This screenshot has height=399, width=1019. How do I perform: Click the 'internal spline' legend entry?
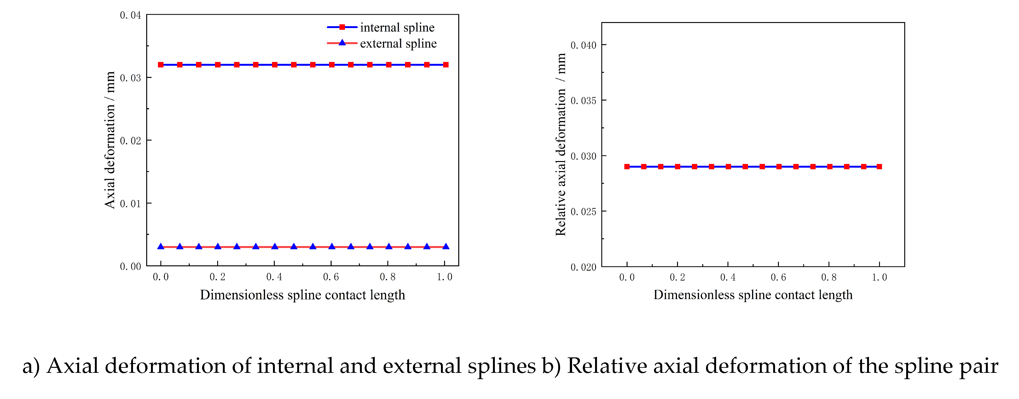(x=397, y=27)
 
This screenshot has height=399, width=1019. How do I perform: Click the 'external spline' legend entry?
(x=398, y=43)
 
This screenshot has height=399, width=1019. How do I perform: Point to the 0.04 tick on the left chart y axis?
(x=130, y=15)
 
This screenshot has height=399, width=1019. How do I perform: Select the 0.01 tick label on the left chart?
(x=130, y=204)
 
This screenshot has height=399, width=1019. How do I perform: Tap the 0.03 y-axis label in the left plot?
(x=130, y=78)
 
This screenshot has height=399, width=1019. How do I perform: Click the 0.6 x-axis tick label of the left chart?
(x=331, y=277)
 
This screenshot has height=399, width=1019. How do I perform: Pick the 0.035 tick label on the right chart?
(x=583, y=101)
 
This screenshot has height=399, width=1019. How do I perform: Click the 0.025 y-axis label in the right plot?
(x=583, y=211)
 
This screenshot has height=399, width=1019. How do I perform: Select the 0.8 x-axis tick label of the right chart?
(x=829, y=277)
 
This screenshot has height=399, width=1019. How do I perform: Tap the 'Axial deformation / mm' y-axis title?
(x=110, y=140)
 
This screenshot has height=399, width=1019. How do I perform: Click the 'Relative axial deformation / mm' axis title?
(x=560, y=145)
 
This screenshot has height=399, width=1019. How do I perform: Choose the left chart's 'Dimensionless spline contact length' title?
(x=302, y=295)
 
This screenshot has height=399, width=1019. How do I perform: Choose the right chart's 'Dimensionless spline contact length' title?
(x=753, y=295)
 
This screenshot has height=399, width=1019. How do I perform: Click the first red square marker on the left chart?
(x=161, y=65)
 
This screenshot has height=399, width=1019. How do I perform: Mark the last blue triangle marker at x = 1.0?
(x=446, y=246)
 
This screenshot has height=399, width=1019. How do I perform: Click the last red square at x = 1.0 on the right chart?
(x=879, y=166)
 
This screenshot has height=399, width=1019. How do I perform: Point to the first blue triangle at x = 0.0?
(x=161, y=246)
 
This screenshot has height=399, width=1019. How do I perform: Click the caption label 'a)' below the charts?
(x=31, y=366)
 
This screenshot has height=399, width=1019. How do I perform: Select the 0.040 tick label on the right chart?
(x=583, y=45)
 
